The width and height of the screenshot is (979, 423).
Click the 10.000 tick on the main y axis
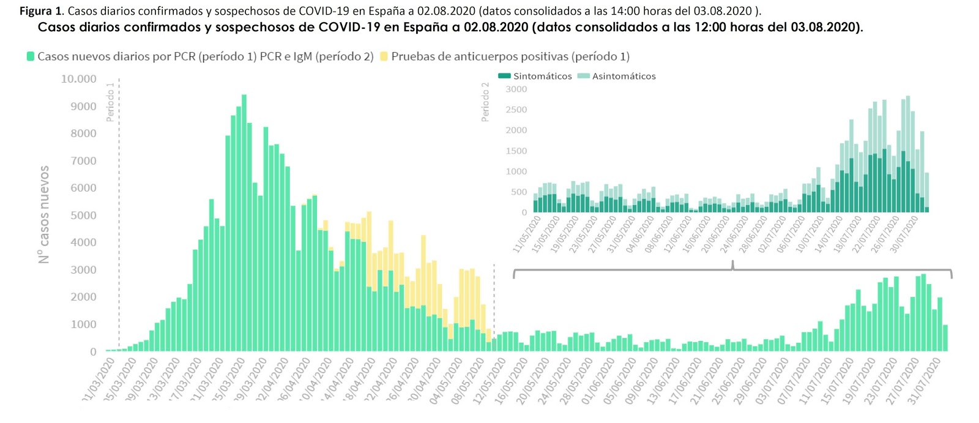(78, 79)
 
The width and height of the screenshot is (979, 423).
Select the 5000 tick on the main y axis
(83, 215)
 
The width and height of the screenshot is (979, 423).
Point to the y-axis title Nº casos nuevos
(43, 214)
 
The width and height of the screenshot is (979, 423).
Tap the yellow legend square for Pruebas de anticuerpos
(384, 56)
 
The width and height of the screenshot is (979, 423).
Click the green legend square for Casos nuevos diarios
(30, 56)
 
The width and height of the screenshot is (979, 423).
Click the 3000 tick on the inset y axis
(516, 89)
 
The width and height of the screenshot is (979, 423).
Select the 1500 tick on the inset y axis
(516, 151)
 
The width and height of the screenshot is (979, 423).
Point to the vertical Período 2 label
(485, 102)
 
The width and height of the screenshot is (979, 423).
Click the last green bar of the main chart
(945, 338)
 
